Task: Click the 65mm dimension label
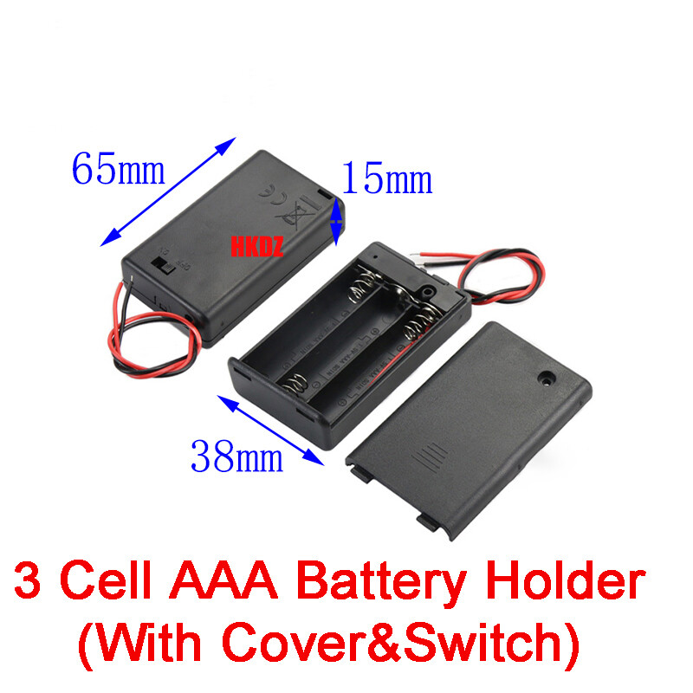[118, 168]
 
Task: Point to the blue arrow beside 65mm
[168, 191]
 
